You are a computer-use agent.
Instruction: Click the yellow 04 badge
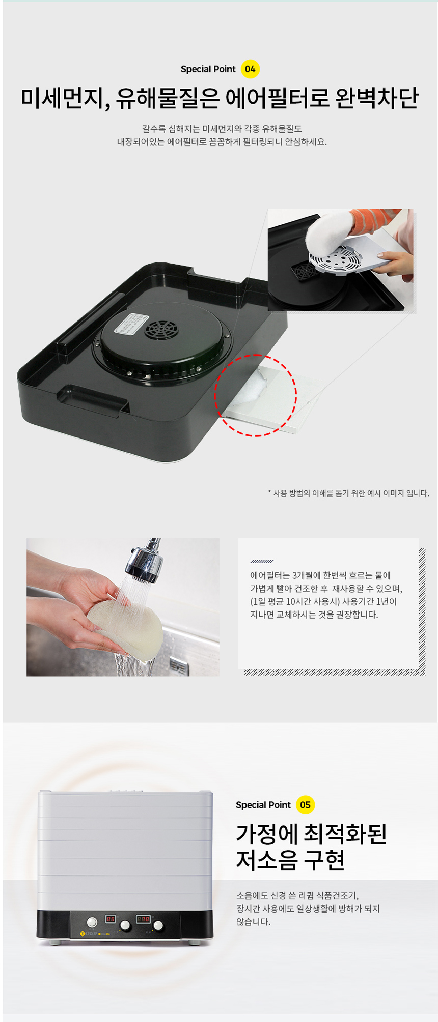pos(250,69)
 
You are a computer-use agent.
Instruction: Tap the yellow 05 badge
pos(305,805)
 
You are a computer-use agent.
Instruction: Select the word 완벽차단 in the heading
pos(377,98)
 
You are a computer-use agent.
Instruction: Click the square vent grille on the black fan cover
pos(161,331)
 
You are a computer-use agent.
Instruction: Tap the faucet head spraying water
pos(145,564)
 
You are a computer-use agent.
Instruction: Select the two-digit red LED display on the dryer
pos(110,919)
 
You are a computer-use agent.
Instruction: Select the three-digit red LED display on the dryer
pos(143,919)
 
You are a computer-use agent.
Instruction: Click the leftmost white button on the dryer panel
pos(92,922)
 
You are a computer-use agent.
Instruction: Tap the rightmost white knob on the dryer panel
pos(158,925)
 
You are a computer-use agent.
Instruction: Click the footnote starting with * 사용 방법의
pos(348,493)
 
